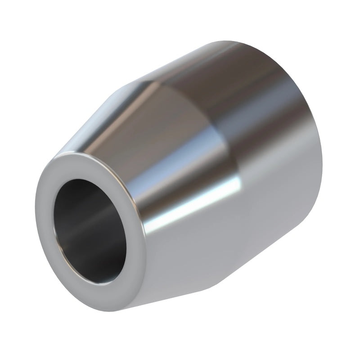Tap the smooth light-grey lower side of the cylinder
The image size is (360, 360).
(x=270, y=225)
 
